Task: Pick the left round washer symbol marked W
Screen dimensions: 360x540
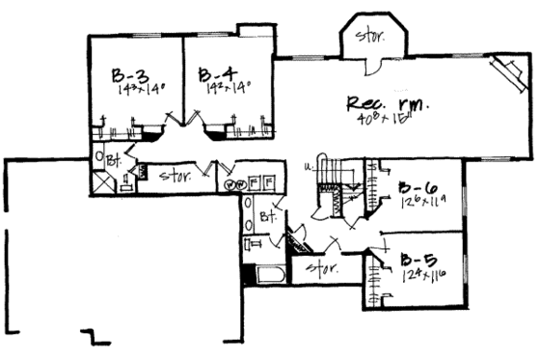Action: point(229,184)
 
